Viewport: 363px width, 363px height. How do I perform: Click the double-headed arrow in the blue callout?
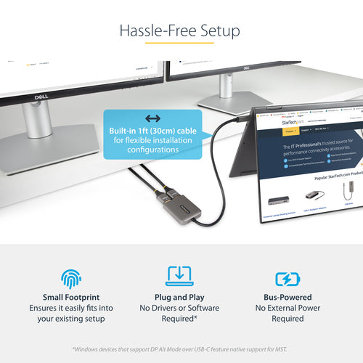[x=152, y=118]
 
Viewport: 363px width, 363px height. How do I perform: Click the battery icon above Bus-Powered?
[x=288, y=279]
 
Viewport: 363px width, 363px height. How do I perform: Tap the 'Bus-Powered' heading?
[x=288, y=298]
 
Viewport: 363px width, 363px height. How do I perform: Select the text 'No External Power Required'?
[x=288, y=314]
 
